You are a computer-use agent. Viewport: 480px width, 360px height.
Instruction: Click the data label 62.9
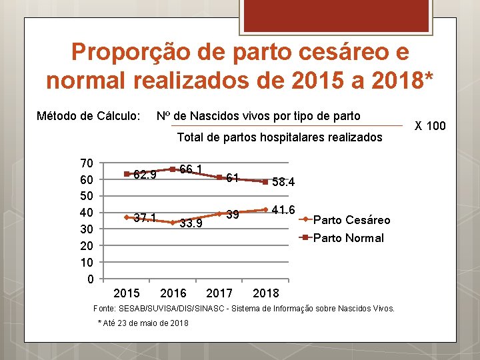tap(145, 175)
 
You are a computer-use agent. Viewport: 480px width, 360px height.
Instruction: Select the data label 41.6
tap(283, 210)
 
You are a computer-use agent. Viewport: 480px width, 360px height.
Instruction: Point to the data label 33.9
tap(191, 223)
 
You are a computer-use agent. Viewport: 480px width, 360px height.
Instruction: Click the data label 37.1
tap(145, 218)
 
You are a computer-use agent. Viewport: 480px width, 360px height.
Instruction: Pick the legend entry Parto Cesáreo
tap(351, 220)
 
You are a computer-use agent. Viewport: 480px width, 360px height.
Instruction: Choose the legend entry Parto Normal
tap(348, 238)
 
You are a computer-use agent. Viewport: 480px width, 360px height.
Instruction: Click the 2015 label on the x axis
tap(127, 293)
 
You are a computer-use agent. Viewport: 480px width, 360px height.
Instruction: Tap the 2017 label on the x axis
tap(220, 293)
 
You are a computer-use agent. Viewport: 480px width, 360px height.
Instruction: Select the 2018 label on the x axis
tap(267, 293)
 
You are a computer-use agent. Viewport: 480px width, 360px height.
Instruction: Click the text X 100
tap(430, 125)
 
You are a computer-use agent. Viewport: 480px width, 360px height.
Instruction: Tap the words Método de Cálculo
tap(88, 116)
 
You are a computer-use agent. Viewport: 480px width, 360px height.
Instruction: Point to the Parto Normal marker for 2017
tap(219, 177)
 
